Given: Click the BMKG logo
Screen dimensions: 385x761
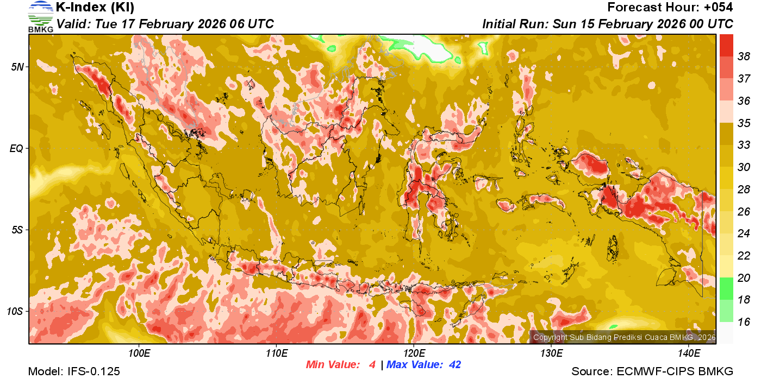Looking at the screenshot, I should (x=40, y=16).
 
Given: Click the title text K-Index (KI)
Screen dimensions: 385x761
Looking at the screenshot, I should (x=95, y=8).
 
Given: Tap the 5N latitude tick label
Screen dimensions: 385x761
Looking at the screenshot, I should (x=17, y=67).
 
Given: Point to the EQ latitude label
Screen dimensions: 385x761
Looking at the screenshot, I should (x=17, y=148).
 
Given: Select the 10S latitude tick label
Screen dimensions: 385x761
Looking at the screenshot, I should (x=15, y=312).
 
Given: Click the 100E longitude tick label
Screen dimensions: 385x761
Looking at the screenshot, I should (x=139, y=354).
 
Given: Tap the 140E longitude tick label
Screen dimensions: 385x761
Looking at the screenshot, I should (x=689, y=354).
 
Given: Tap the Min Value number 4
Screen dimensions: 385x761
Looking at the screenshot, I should (x=372, y=365).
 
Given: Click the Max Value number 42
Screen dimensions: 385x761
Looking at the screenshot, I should (x=454, y=365).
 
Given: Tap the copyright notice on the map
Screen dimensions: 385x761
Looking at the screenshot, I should (x=624, y=337).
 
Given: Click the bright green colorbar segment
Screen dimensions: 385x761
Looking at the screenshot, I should (x=727, y=288).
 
